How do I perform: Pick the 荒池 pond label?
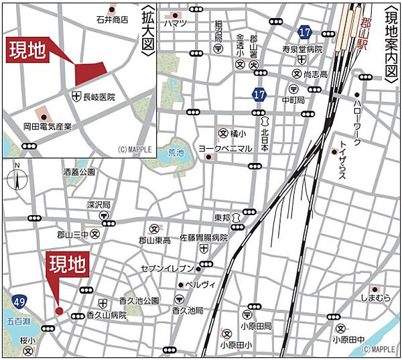click(176, 152)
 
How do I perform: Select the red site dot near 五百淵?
click(59, 310)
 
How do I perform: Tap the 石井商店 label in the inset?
click(112, 19)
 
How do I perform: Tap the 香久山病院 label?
click(107, 314)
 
